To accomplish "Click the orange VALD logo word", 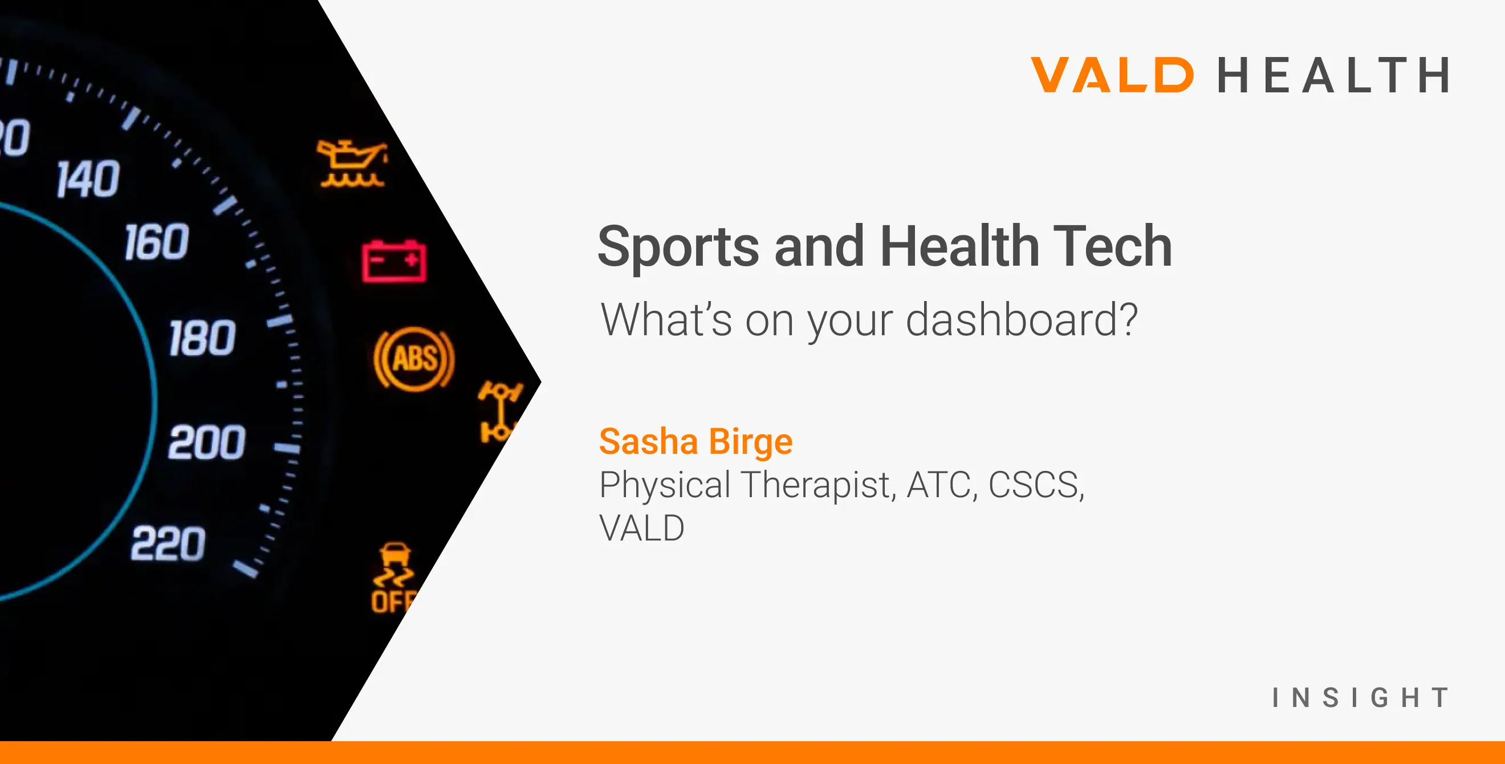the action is [1112, 75].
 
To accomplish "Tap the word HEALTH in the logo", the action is [1334, 75].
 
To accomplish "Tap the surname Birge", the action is [751, 442].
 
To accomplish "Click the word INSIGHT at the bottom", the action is [1361, 698].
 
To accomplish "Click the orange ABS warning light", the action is [414, 358].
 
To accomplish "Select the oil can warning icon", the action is [352, 164].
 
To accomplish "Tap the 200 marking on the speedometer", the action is [207, 442].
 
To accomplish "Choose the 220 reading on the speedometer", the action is [168, 543].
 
